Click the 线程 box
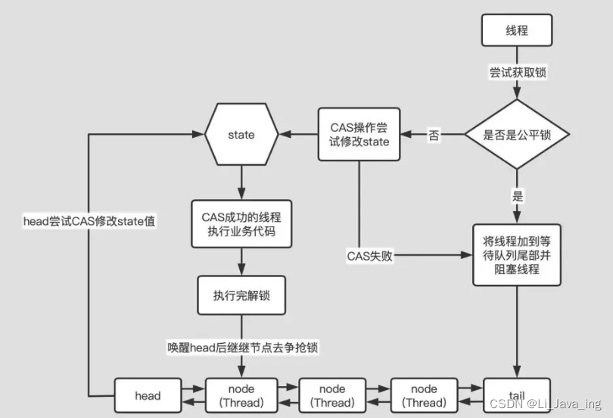pyautogui.click(x=516, y=30)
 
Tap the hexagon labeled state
pyautogui.click(x=241, y=135)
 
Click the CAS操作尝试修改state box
pyautogui.click(x=359, y=135)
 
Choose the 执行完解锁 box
pyautogui.click(x=241, y=295)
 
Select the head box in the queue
pyautogui.click(x=148, y=395)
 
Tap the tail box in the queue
pyautogui.click(x=516, y=395)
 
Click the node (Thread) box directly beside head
pyautogui.click(x=241, y=395)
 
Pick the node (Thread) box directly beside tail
pyautogui.click(x=424, y=395)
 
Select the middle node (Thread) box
pyautogui.click(x=331, y=395)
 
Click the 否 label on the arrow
pyautogui.click(x=434, y=136)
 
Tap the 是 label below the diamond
pyautogui.click(x=517, y=196)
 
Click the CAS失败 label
pyautogui.click(x=369, y=256)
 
